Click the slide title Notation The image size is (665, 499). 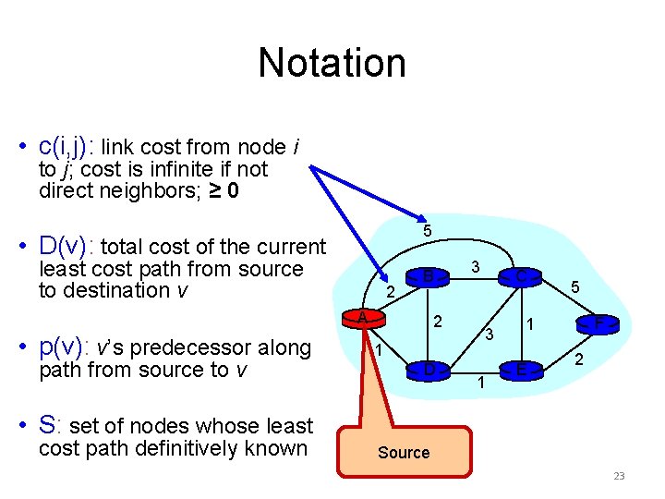[x=332, y=63]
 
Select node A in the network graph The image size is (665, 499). [x=364, y=318]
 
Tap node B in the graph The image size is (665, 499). [x=428, y=274]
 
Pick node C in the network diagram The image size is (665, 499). [x=522, y=275]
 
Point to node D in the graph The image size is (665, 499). [x=429, y=370]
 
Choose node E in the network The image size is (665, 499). [x=522, y=371]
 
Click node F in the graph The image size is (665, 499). [x=599, y=323]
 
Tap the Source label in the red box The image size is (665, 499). [x=404, y=453]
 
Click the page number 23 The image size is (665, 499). [x=619, y=477]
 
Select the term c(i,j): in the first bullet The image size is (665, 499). [x=67, y=146]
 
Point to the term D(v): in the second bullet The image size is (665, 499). [x=67, y=247]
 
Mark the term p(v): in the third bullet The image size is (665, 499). [x=66, y=347]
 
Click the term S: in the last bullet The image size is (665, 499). [x=52, y=426]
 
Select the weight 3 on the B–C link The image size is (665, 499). [x=474, y=266]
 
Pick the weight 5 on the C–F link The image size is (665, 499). [x=574, y=288]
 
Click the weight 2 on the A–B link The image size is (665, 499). [x=390, y=293]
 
